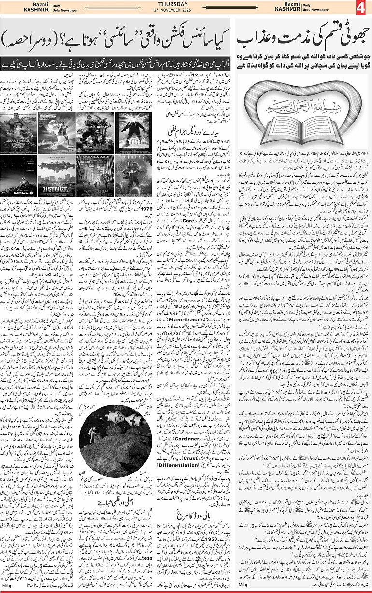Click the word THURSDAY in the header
tap(186, 4)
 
